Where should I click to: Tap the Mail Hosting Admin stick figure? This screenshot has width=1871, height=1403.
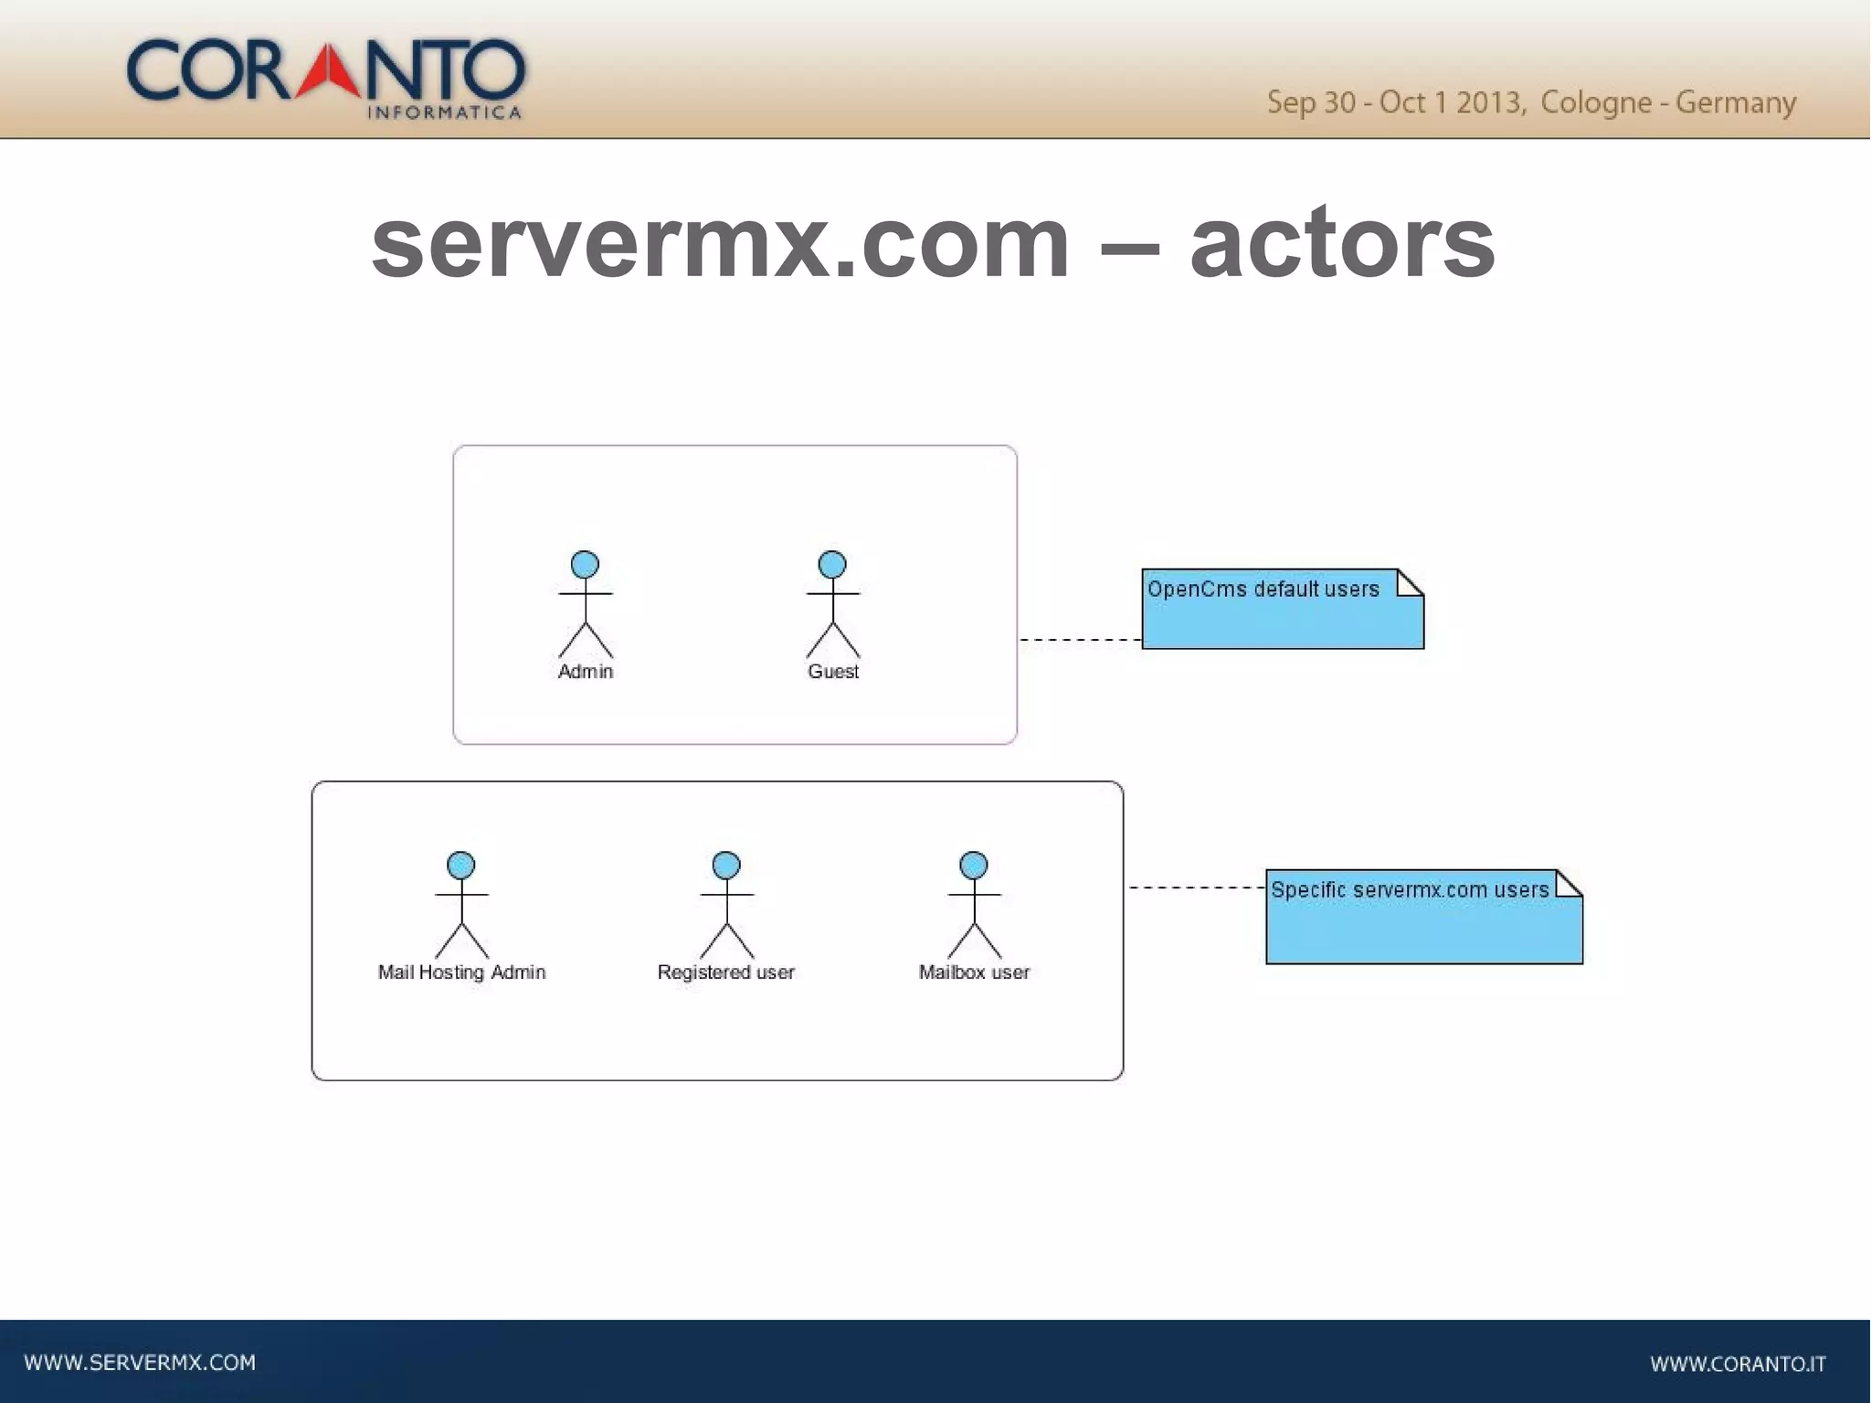coord(461,904)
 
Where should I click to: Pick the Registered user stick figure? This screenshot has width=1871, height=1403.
coord(726,904)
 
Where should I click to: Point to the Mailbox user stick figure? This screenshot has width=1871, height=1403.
coord(974,904)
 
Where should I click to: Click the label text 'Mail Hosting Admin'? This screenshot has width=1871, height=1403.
coord(461,973)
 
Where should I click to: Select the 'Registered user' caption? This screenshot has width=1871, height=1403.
coord(726,973)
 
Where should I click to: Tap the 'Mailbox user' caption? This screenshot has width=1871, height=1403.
coord(974,973)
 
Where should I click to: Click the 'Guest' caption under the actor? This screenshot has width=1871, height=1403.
coord(832,672)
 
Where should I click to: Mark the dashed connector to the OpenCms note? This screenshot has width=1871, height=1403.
coord(1080,640)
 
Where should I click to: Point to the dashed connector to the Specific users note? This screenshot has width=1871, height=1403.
coord(1196,888)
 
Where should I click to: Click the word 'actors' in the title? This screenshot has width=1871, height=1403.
coord(1342,242)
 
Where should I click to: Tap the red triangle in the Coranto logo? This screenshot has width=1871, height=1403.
coord(328,71)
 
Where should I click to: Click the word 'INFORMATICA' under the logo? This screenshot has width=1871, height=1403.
coord(444,113)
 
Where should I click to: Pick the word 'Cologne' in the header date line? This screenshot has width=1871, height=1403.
coord(1595,102)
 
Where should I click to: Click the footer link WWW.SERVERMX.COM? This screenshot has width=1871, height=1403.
coord(140,1363)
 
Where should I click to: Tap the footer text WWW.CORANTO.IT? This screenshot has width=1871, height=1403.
coord(1738,1364)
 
